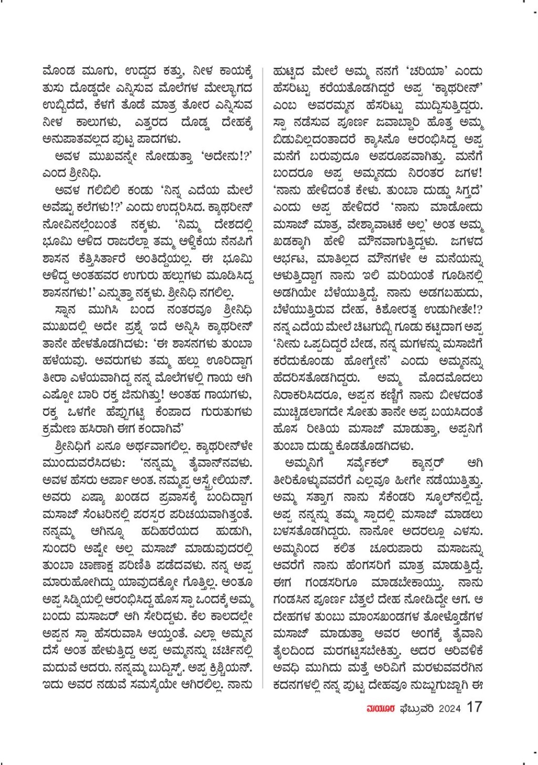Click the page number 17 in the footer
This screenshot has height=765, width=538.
474,707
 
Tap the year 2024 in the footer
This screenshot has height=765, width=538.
450,708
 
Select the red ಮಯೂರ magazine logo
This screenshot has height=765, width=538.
382,708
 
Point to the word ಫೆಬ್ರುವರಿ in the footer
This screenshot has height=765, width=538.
418,708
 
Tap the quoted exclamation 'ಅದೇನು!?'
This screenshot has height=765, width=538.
226,156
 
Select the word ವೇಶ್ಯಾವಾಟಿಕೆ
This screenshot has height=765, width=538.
403,224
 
